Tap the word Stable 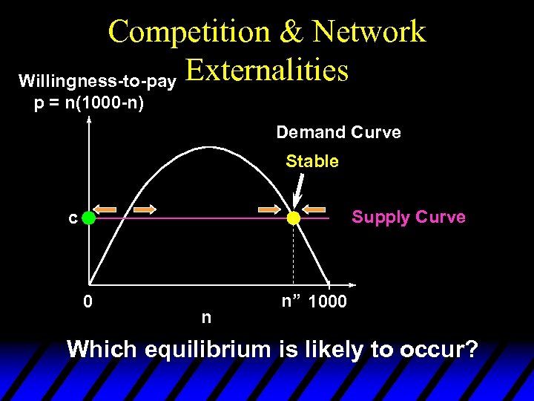coord(311,161)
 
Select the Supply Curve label coord(409,217)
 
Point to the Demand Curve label coord(338,133)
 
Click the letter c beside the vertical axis coord(72,218)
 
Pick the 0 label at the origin coord(88,301)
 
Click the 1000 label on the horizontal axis coord(326,302)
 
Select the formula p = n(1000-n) coord(90,102)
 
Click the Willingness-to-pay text coord(97,79)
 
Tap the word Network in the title coord(369,32)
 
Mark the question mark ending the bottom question coord(469,349)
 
